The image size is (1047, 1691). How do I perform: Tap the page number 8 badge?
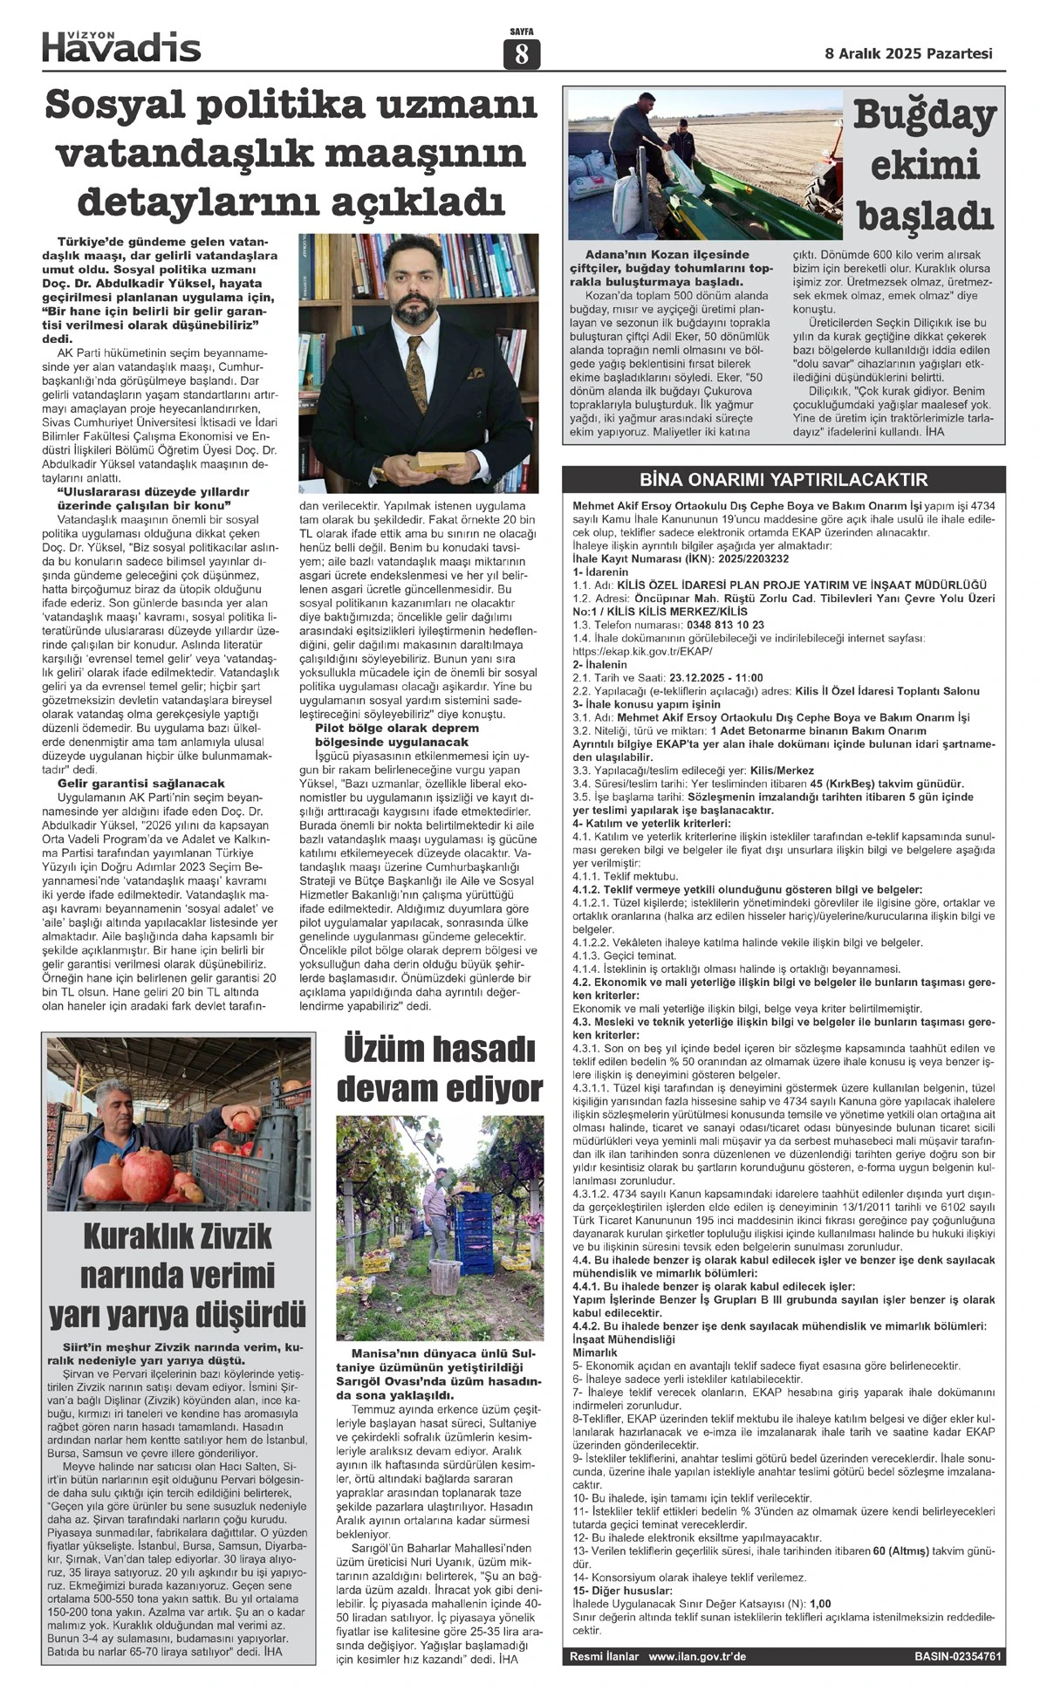tap(522, 54)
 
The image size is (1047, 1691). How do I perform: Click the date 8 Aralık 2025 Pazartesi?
tap(908, 53)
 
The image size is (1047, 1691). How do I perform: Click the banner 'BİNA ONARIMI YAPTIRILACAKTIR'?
tap(784, 480)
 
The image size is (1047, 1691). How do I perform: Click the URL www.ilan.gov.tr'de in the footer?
tap(697, 1656)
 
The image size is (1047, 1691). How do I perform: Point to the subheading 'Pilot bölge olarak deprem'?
tap(396, 728)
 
